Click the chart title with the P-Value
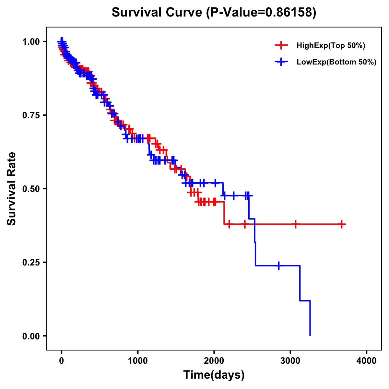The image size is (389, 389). click(214, 12)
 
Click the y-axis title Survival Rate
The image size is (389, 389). click(12, 189)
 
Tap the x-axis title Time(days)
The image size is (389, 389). click(214, 375)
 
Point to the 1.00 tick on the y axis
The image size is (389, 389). click(31, 41)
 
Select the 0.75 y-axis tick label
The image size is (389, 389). click(31, 115)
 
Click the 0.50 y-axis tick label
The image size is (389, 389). click(31, 189)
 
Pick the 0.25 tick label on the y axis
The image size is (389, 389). click(31, 262)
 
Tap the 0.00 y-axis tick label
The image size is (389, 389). click(31, 336)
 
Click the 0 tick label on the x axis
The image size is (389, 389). click(62, 361)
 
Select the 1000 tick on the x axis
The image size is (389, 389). click(138, 361)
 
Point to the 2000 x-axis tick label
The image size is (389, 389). click(214, 361)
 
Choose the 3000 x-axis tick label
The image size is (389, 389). click(290, 361)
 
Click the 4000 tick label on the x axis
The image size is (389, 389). click(367, 361)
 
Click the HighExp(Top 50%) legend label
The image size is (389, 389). click(331, 46)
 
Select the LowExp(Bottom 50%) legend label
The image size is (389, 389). click(336, 62)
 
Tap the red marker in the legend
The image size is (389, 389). click(281, 46)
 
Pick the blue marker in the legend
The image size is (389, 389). click(281, 62)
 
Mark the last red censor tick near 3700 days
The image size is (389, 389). click(342, 224)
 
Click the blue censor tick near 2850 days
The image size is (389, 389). click(278, 265)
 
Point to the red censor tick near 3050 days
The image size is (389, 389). click(295, 224)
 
